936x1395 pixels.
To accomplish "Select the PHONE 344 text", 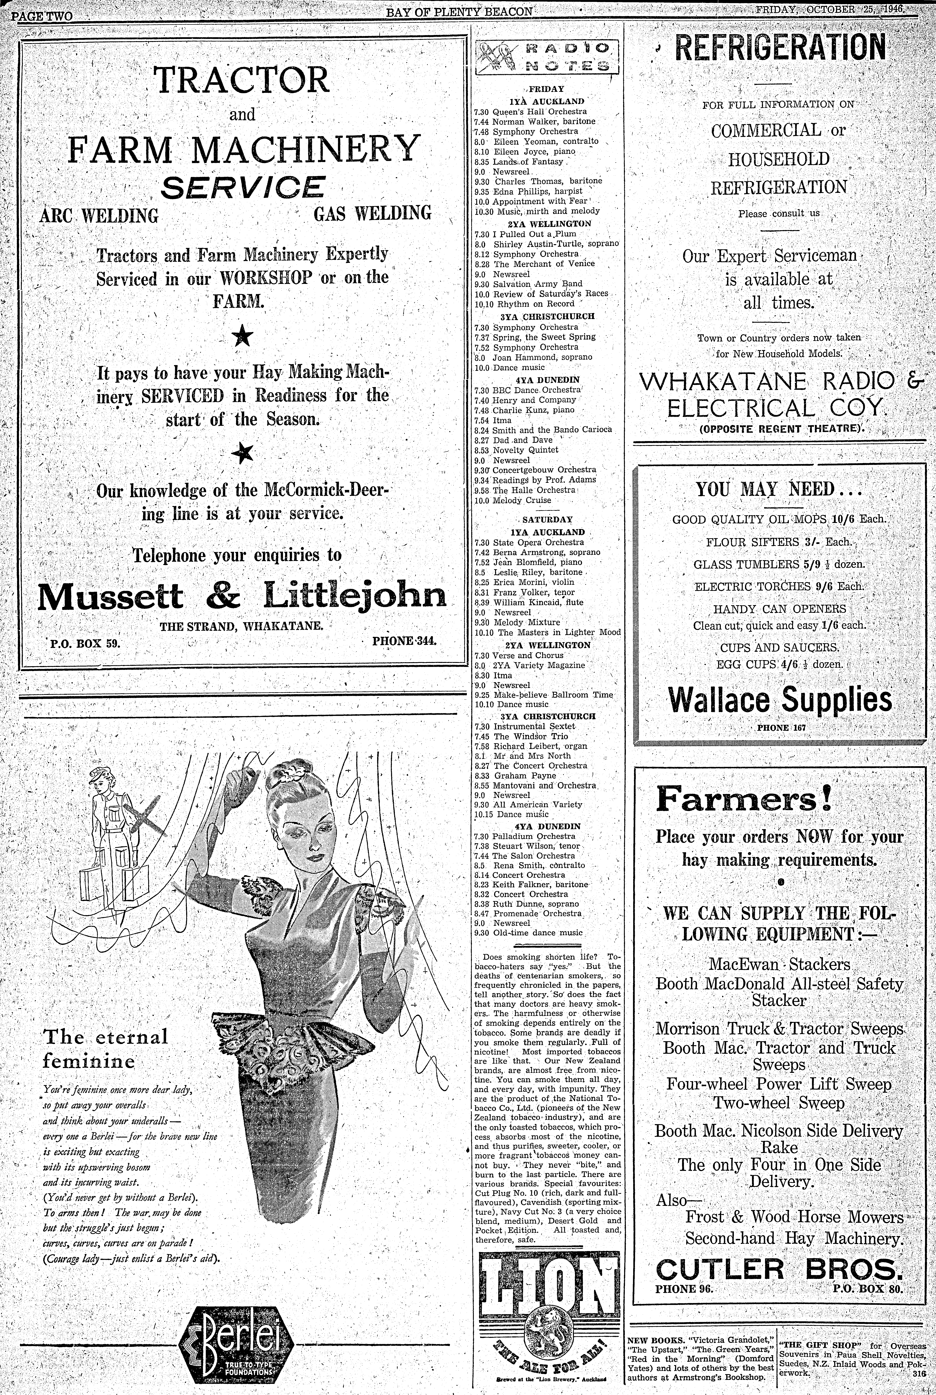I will pos(404,641).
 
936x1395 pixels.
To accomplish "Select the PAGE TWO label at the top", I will pos(42,16).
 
